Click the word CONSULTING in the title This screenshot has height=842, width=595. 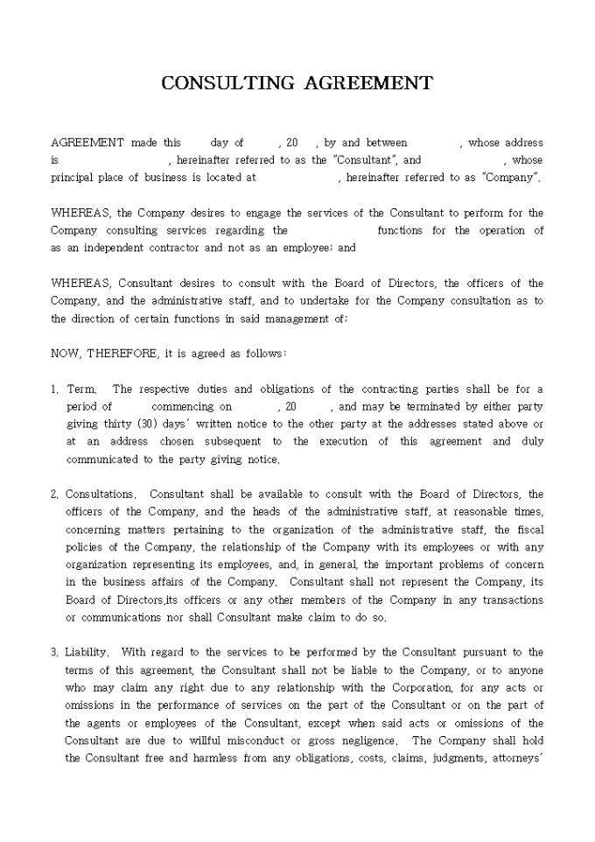point(229,83)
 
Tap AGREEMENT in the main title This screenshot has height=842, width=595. point(368,83)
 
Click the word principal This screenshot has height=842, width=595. point(72,178)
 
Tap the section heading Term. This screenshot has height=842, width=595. point(80,389)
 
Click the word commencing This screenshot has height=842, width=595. point(183,407)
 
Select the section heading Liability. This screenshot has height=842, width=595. point(87,653)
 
